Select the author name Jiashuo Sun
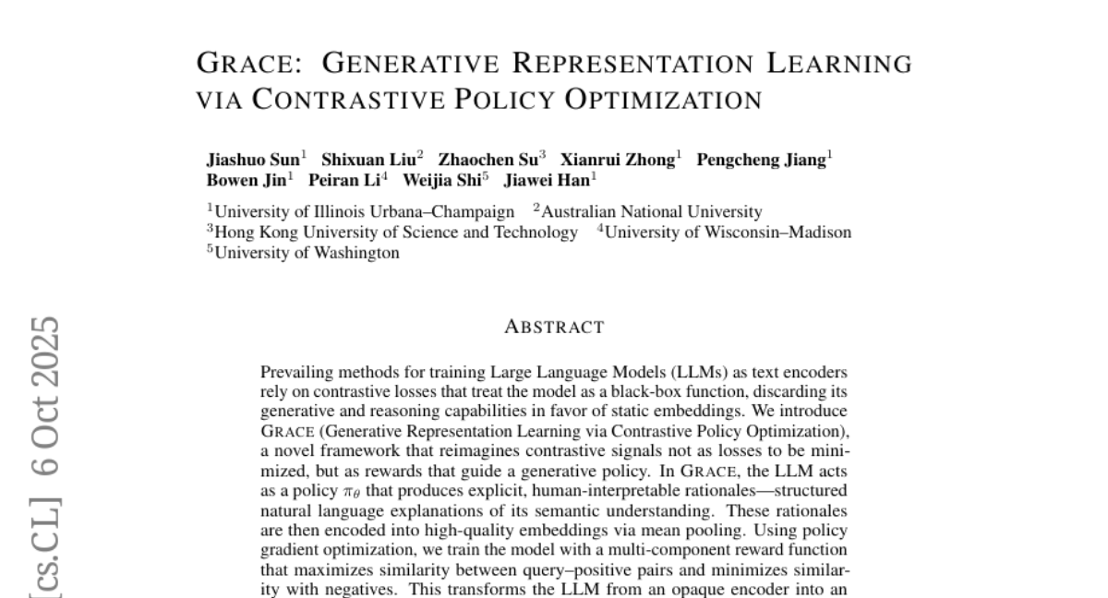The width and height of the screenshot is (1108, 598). click(x=252, y=160)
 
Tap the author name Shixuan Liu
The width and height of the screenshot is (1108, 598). click(x=368, y=160)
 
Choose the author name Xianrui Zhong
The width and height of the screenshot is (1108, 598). click(x=618, y=160)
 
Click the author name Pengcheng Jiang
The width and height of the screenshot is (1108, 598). click(x=761, y=160)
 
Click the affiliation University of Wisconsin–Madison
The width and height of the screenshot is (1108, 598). click(x=728, y=232)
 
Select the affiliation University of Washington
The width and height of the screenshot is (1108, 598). click(x=307, y=252)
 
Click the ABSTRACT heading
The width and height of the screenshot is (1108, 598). click(x=554, y=327)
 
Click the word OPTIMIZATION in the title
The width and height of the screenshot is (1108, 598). click(x=663, y=99)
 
